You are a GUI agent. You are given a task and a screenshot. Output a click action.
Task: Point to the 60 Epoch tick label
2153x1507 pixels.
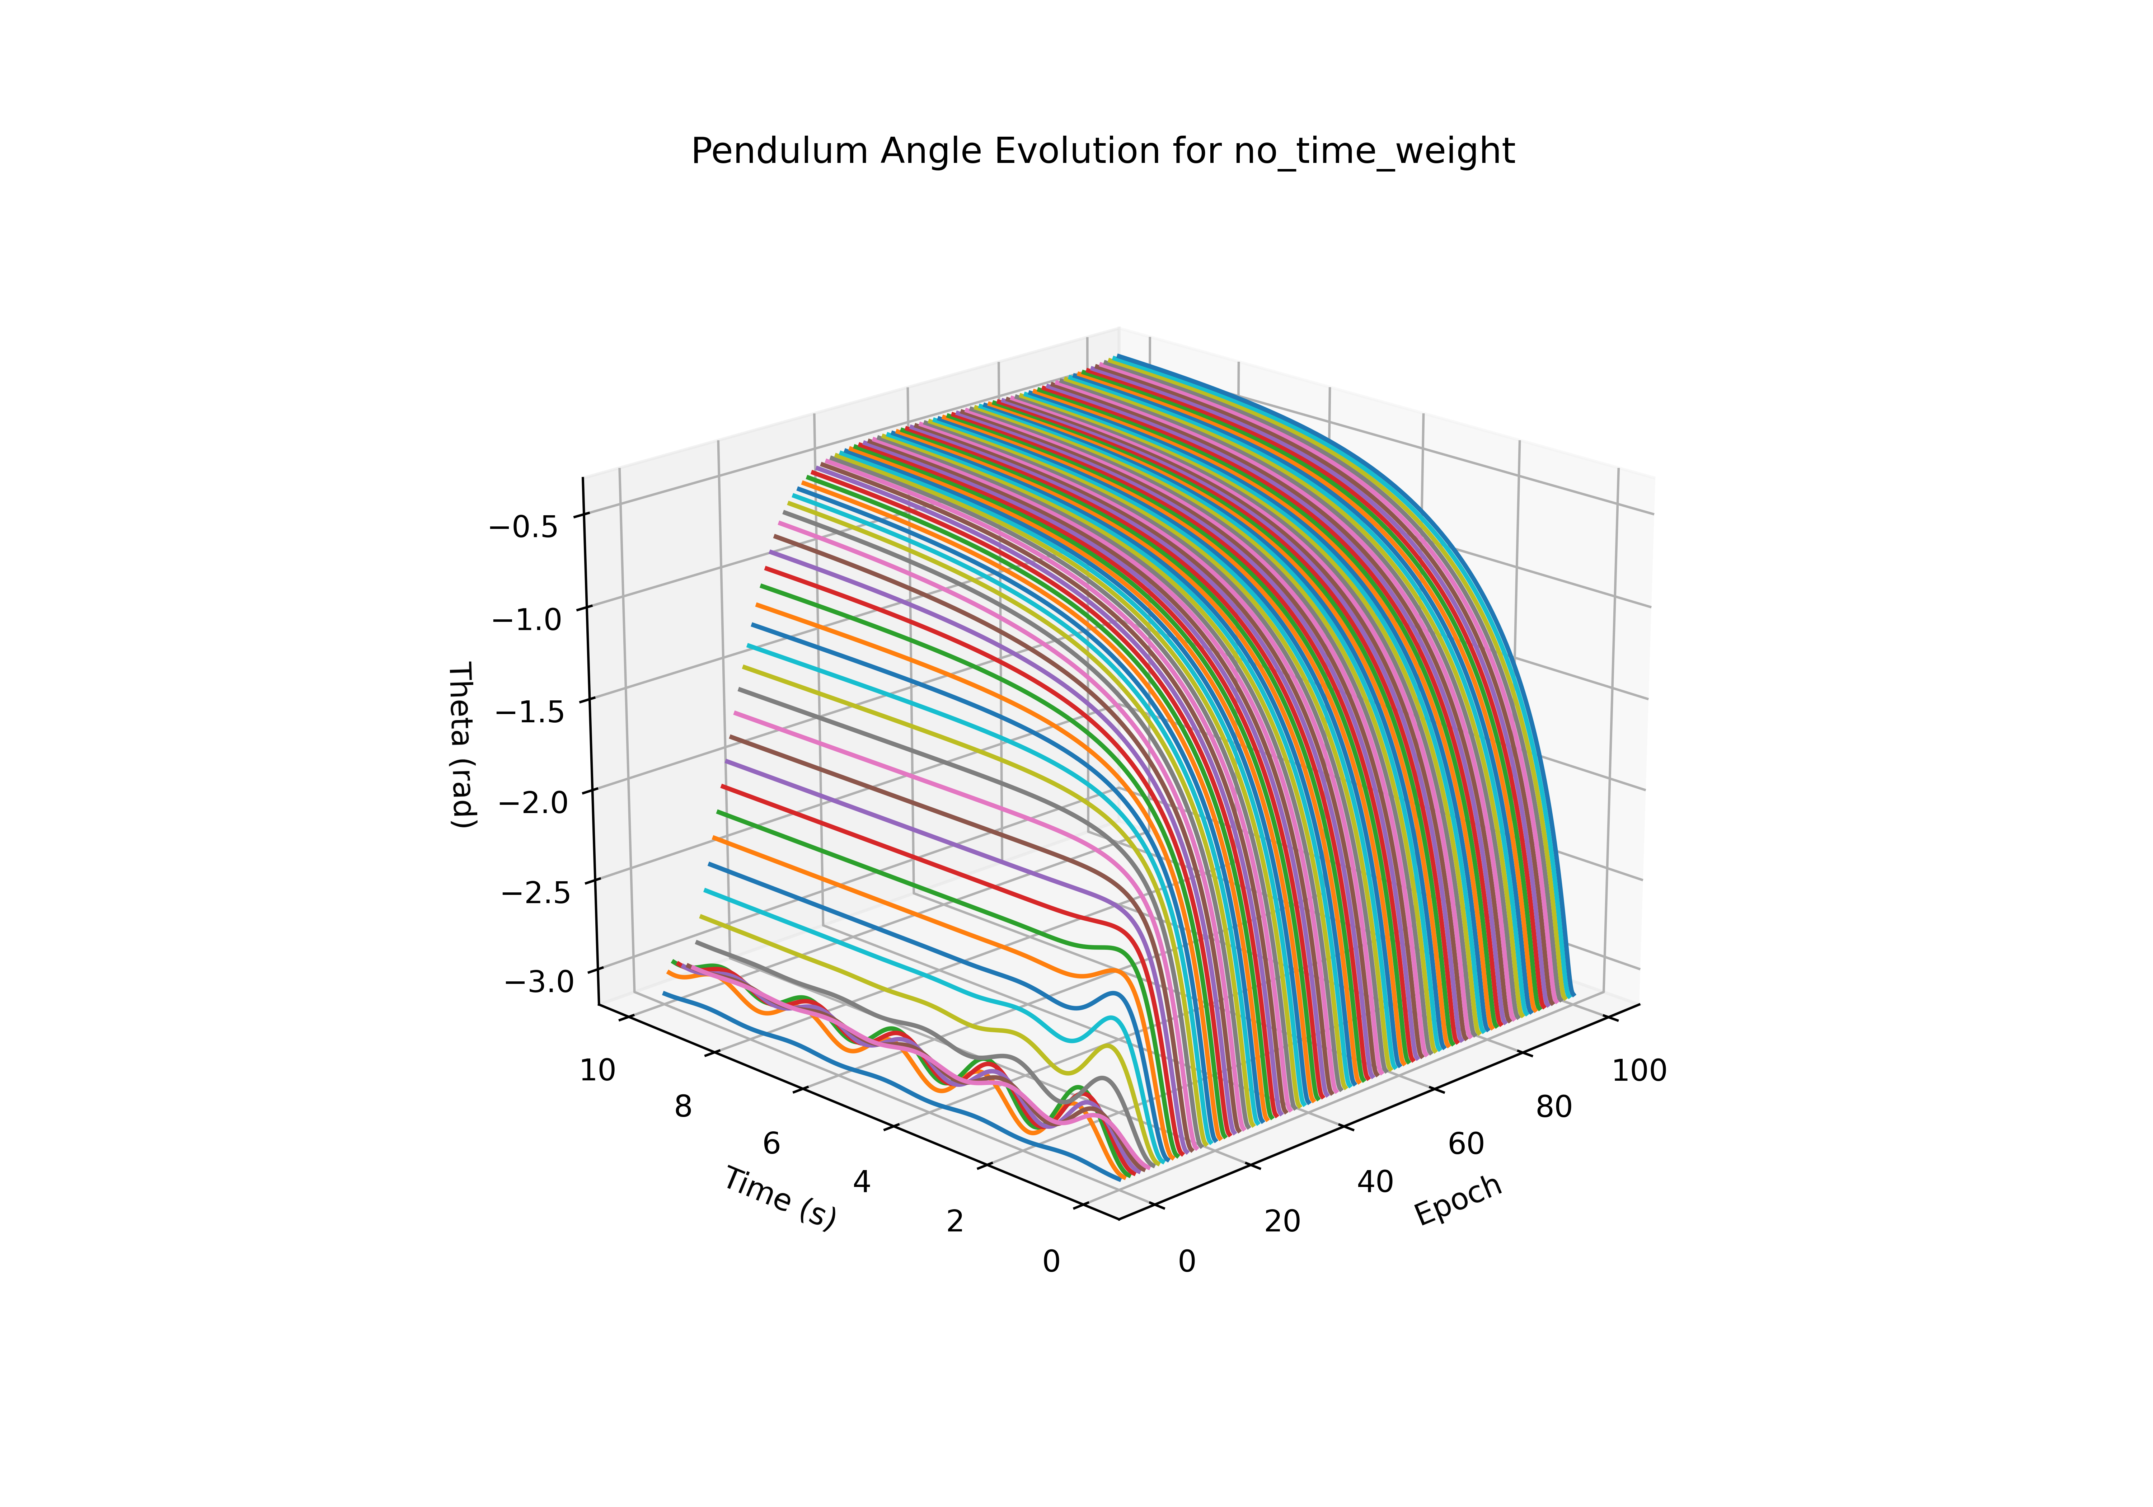(x=1465, y=1144)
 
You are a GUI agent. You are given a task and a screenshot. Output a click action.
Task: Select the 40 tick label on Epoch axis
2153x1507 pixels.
(x=1375, y=1183)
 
